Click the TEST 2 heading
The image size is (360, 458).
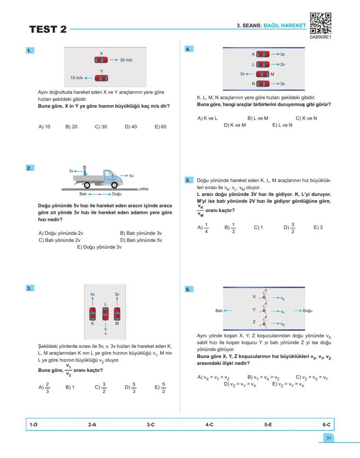pyautogui.click(x=48, y=30)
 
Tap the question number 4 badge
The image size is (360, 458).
pyautogui.click(x=188, y=49)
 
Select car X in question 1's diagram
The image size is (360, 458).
pyautogui.click(x=101, y=60)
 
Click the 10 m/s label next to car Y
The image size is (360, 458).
pyautogui.click(x=76, y=78)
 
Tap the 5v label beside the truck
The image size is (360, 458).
pyautogui.click(x=131, y=176)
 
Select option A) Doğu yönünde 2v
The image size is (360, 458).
pyautogui.click(x=61, y=233)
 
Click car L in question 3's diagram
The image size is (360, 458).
pyautogui.click(x=105, y=314)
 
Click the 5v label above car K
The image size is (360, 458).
pyautogui.click(x=93, y=294)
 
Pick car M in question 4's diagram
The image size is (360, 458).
pyautogui.click(x=262, y=74)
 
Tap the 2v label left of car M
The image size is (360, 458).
pyautogui.click(x=243, y=74)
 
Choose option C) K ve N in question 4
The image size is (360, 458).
pyautogui.click(x=306, y=118)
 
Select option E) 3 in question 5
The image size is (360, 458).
pyautogui.click(x=318, y=227)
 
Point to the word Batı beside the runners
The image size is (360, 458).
pyautogui.click(x=219, y=311)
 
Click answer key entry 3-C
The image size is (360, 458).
pyautogui.click(x=150, y=425)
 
